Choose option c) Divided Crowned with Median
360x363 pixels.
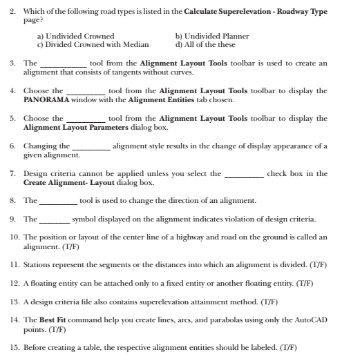[x=93, y=44]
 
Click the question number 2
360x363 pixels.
[x=12, y=12]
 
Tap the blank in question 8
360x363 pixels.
[x=59, y=202]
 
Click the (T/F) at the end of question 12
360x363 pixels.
[x=303, y=283]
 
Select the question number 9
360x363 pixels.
[x=12, y=220]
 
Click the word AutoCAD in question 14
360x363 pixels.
[x=311, y=320]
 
